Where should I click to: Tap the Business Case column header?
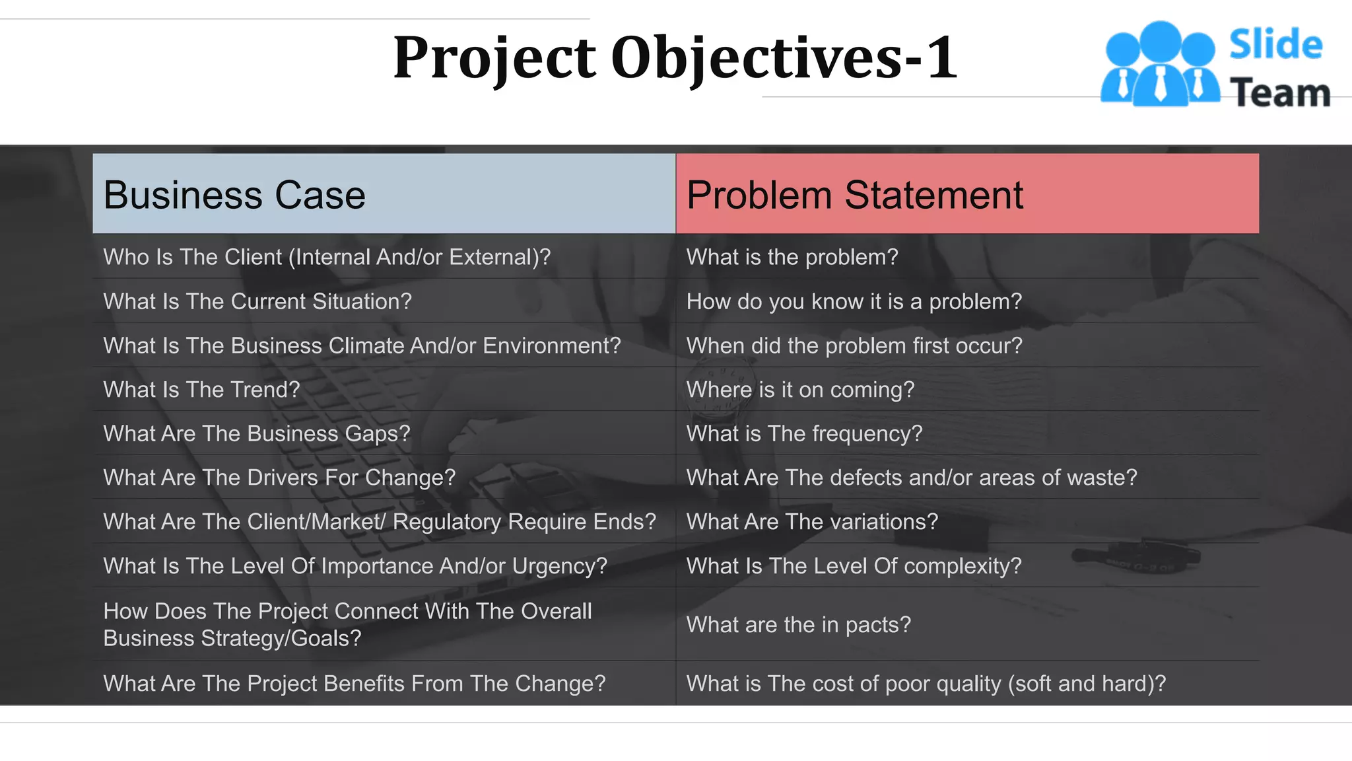[x=234, y=195]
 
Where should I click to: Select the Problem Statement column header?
[x=854, y=195]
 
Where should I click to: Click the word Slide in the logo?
[x=1275, y=45]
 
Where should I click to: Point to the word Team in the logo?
[x=1280, y=92]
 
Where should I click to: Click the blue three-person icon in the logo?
[x=1160, y=65]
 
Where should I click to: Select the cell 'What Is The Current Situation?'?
[x=257, y=301]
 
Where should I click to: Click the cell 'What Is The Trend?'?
[x=201, y=390]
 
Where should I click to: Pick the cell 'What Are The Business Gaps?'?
[x=257, y=433]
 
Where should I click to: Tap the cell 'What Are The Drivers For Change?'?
[x=279, y=478]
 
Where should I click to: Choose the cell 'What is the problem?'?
[x=792, y=257]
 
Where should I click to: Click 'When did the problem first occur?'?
[x=854, y=345]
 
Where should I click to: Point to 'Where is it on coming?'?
[x=800, y=390]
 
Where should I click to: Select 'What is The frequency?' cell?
[x=804, y=433]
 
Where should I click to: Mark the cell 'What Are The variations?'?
[x=812, y=522]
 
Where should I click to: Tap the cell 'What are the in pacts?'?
[x=798, y=624]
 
